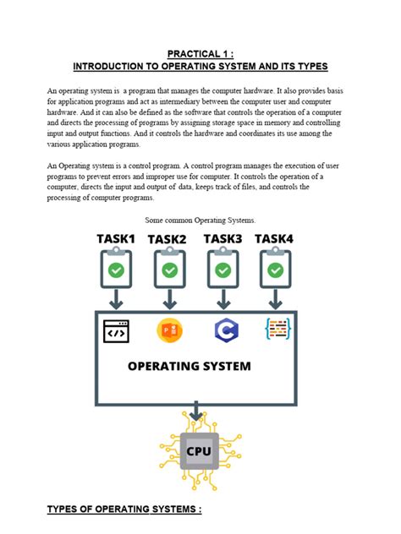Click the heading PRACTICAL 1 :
pos(200,52)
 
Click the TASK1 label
pos(116,239)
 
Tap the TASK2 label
pos(168,240)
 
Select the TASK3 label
pos(222,239)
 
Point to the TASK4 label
pos(275,239)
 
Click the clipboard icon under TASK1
pos(116,270)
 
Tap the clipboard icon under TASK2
pos(169,270)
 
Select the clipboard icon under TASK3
pos(222,270)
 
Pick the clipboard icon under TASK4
pos(275,270)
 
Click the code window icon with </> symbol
pos(116,331)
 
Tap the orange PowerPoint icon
pos(169,330)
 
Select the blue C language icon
pos(225,330)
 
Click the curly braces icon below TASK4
pos(278,330)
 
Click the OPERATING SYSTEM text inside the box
pos(190,367)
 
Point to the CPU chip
pos(199,451)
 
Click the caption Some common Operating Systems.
pos(200,220)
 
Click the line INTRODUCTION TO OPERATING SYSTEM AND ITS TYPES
pos(200,66)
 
